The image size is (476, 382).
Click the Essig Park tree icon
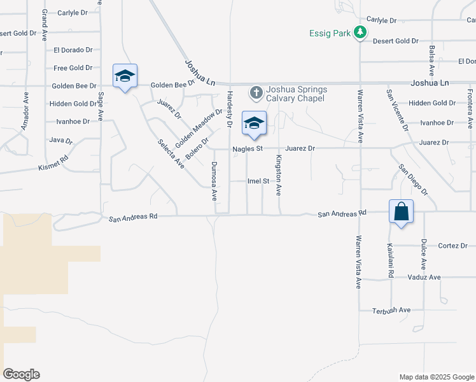[360, 32]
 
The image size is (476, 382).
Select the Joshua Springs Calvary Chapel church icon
[256, 93]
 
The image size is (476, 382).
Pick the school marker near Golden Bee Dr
[125, 77]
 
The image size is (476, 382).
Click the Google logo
[21, 374]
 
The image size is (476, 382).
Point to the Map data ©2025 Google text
[436, 377]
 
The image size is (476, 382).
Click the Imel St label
[258, 181]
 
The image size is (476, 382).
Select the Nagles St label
[248, 148]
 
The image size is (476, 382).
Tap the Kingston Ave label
[278, 174]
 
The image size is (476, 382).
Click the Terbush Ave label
[391, 310]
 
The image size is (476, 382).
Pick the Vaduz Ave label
[424, 278]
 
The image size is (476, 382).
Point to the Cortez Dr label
[452, 246]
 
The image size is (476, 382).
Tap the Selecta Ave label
[171, 153]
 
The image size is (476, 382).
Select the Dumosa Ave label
[214, 180]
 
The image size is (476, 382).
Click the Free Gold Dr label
[73, 68]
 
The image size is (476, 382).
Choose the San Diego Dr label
[414, 179]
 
